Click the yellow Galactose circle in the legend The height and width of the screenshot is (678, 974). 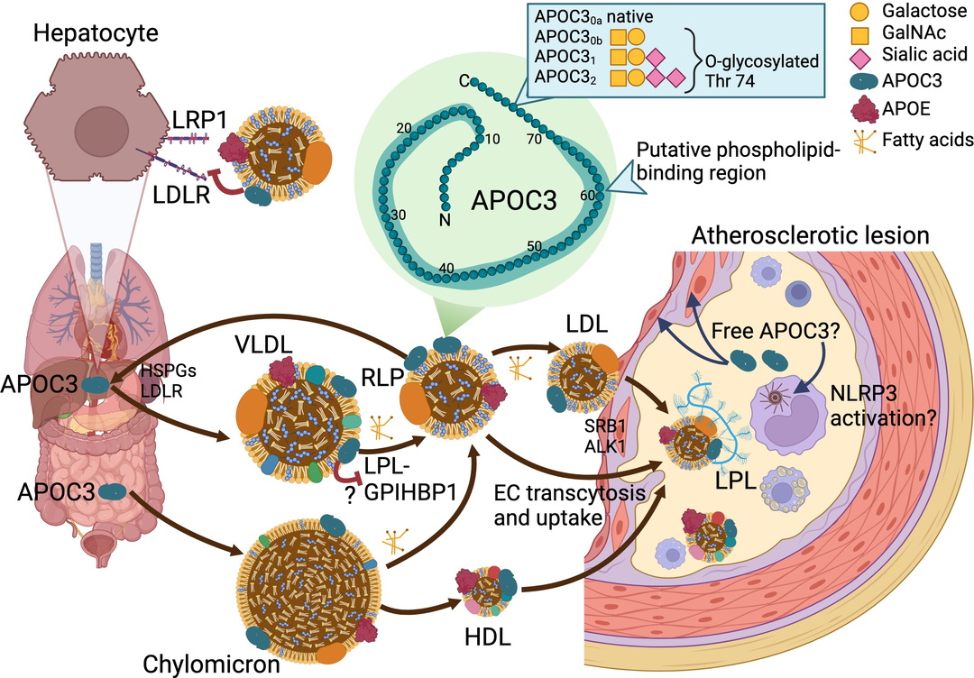click(x=858, y=14)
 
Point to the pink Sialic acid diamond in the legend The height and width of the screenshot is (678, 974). click(x=858, y=57)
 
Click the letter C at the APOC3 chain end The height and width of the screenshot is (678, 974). click(x=463, y=82)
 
